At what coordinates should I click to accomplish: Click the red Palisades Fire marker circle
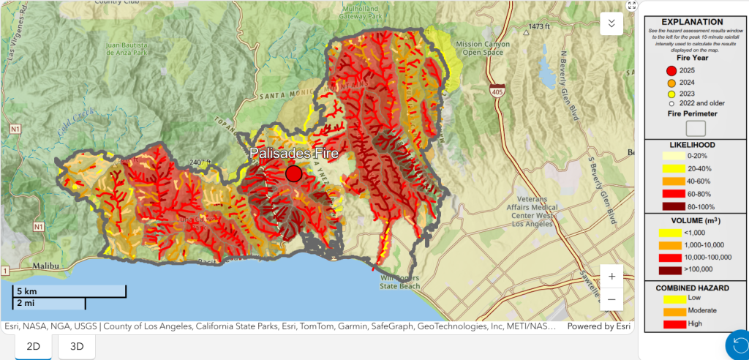293,173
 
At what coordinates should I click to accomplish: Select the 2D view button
33,346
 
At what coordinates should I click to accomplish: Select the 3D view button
77,346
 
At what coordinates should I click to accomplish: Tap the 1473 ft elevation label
539,27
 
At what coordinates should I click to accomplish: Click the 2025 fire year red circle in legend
671,70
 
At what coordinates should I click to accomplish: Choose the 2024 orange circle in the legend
671,83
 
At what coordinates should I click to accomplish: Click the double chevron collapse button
611,23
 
